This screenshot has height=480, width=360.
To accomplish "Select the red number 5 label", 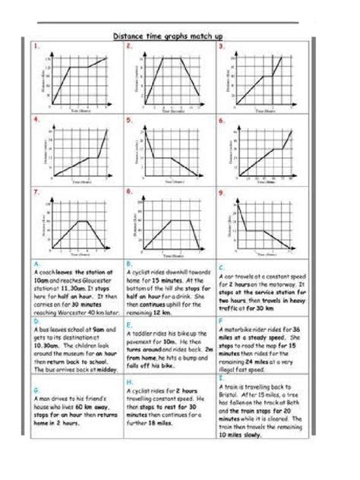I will click(x=129, y=119).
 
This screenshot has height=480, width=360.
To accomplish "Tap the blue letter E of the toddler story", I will click(x=128, y=321).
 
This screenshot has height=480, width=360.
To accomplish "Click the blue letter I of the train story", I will click(x=220, y=377).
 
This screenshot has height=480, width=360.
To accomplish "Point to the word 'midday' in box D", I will click(x=103, y=362).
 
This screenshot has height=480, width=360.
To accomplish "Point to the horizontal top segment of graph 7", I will click(x=72, y=220).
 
